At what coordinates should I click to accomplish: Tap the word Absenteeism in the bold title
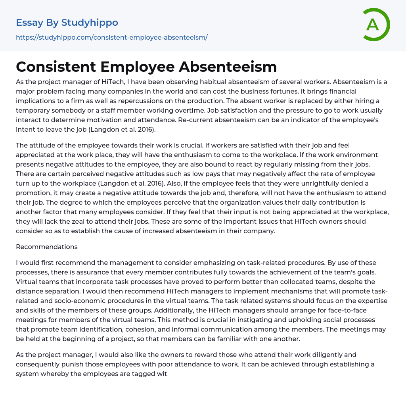click(x=228, y=67)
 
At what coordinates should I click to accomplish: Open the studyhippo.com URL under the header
click(x=112, y=37)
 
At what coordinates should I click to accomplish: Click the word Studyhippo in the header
click(x=90, y=23)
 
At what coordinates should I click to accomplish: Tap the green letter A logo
click(x=373, y=25)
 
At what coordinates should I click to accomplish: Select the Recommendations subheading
click(x=47, y=247)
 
